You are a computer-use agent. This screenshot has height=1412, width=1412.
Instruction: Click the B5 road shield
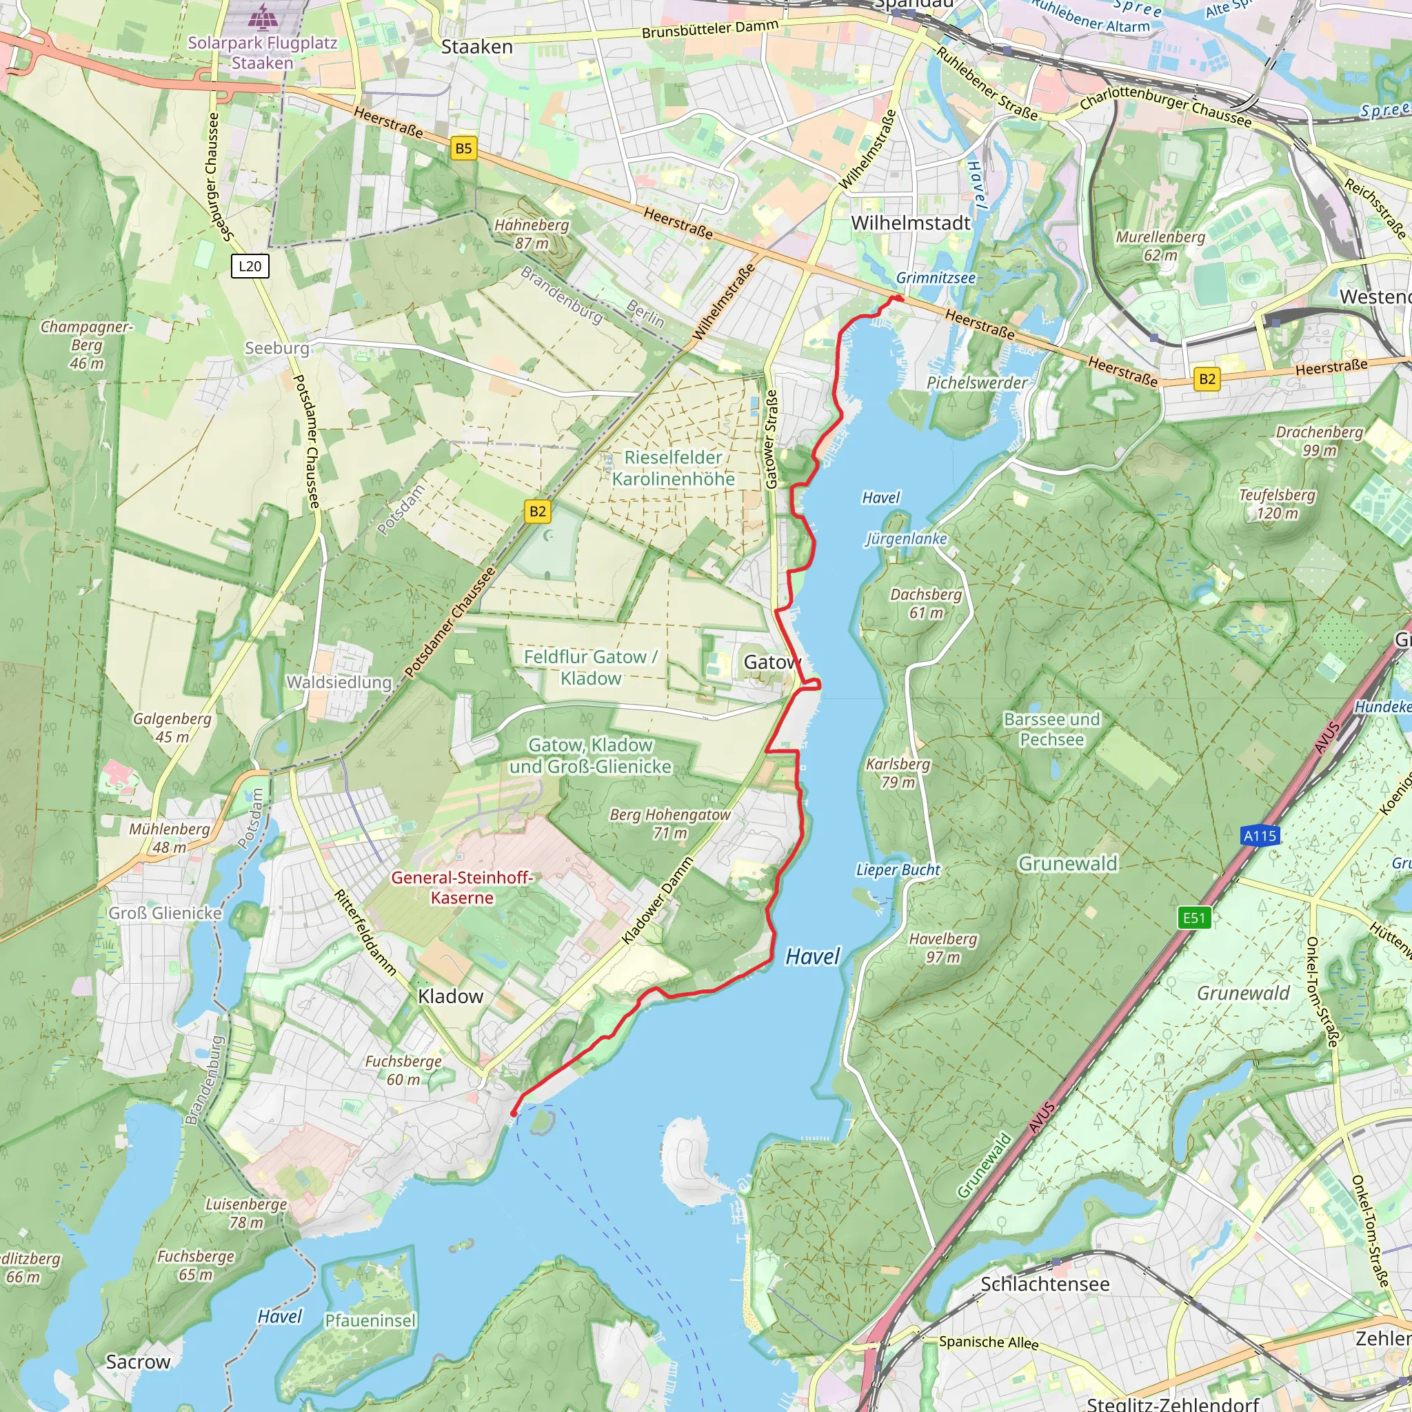[x=463, y=148]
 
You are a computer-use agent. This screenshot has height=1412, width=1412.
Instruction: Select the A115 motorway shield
[x=1260, y=836]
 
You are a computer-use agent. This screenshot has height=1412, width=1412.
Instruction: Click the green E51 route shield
[x=1194, y=918]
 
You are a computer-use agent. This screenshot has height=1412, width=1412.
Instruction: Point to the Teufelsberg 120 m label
[x=1277, y=503]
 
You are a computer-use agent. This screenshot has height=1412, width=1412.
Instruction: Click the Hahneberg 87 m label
[x=532, y=234]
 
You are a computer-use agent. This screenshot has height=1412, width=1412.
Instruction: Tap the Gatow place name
[x=771, y=662]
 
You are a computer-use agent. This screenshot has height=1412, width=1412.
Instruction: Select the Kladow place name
[x=450, y=996]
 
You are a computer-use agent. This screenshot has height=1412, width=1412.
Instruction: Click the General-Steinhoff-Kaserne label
[x=462, y=887]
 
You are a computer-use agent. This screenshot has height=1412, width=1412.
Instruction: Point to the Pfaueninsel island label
[x=370, y=1320]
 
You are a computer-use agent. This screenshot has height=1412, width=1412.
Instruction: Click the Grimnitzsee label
[x=936, y=278]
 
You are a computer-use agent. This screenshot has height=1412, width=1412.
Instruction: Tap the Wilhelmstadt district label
[x=911, y=223]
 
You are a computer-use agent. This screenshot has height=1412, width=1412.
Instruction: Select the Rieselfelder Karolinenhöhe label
[x=673, y=467]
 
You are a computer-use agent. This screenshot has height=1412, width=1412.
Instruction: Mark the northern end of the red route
[x=900, y=298]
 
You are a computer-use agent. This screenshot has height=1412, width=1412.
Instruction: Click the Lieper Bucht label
[x=898, y=869]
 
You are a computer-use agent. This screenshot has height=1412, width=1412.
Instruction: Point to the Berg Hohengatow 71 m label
[x=670, y=823]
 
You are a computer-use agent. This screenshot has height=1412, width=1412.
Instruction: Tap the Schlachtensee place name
[x=1045, y=1284]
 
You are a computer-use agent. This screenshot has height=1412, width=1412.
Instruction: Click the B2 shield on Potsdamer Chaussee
[x=537, y=512]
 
